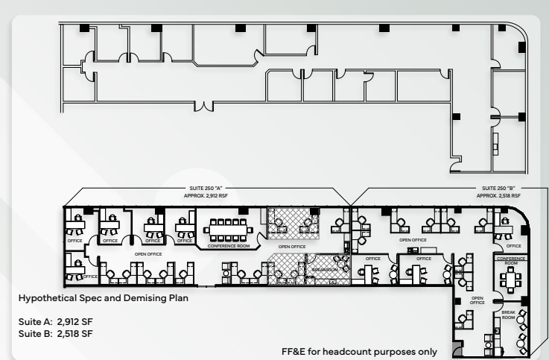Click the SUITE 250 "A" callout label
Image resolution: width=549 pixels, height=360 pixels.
(x=203, y=189)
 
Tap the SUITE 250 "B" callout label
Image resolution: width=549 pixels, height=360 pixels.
(x=499, y=189)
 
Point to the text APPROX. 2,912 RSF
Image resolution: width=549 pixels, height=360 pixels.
(x=203, y=195)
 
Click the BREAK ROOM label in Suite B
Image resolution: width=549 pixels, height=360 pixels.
(x=507, y=315)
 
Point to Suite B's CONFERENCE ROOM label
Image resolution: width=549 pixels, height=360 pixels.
(x=510, y=260)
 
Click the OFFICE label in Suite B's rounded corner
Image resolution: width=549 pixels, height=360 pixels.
(x=514, y=245)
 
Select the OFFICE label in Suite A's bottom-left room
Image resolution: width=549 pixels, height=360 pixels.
(x=89, y=277)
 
